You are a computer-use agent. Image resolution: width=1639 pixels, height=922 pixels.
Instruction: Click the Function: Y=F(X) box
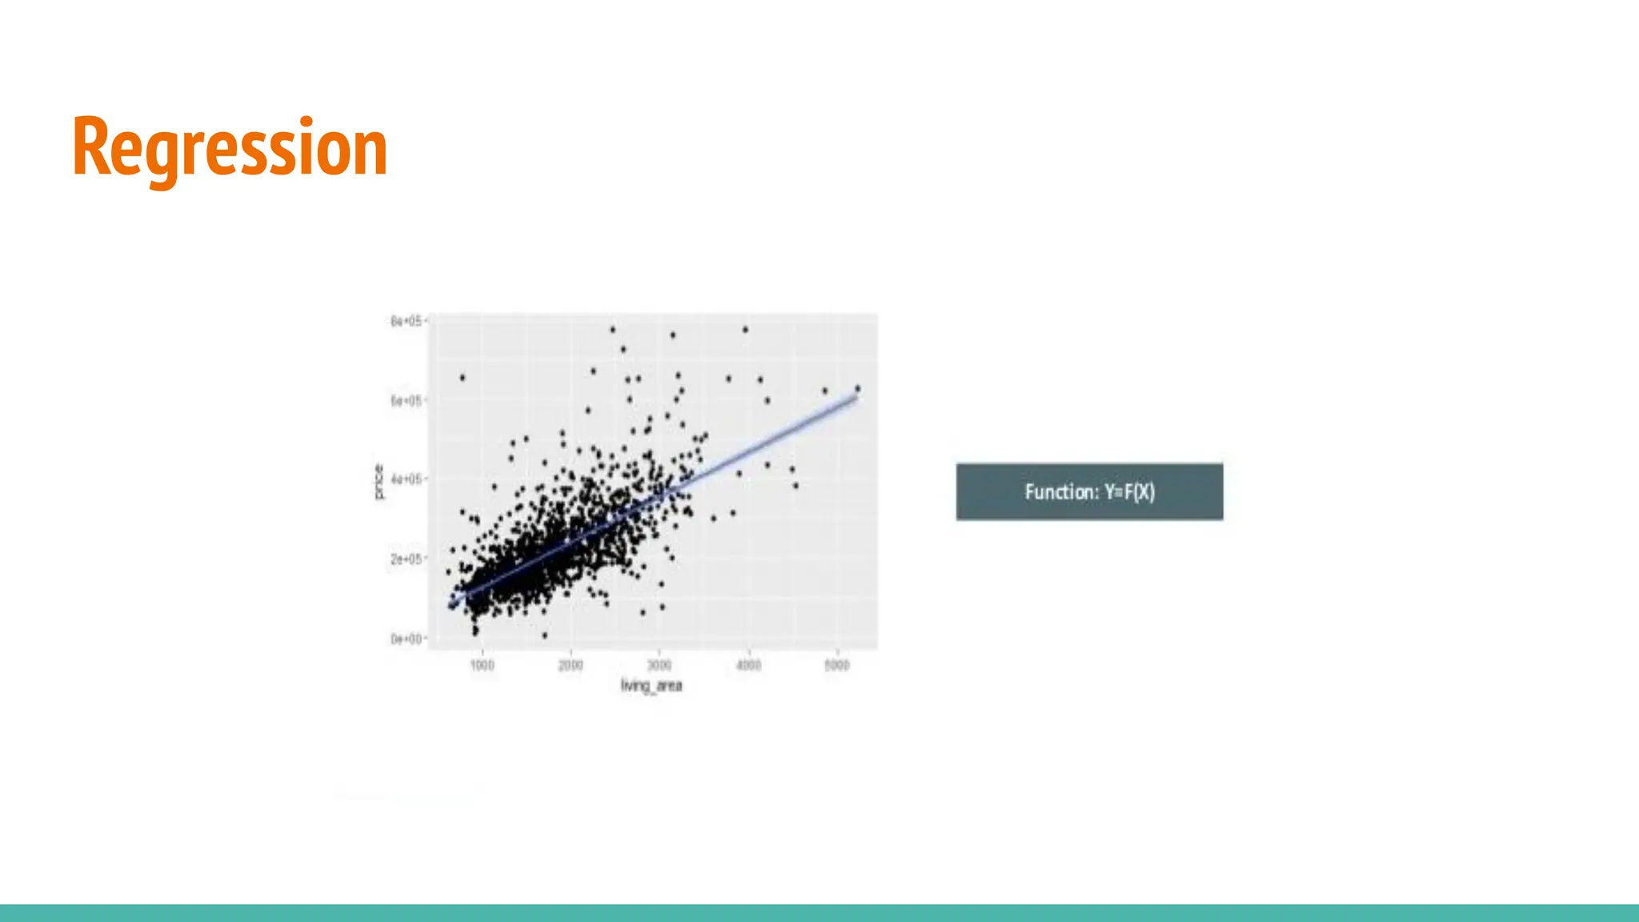[x=1089, y=491]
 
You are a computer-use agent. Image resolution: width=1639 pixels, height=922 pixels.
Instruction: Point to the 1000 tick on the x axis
[x=482, y=665]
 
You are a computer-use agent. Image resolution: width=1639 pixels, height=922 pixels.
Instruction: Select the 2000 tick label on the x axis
[x=571, y=665]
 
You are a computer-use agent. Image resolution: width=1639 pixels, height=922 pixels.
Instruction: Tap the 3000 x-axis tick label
[x=659, y=665]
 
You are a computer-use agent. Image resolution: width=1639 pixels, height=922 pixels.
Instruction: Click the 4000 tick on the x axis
[x=748, y=665]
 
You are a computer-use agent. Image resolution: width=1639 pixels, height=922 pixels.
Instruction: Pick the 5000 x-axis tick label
[x=837, y=665]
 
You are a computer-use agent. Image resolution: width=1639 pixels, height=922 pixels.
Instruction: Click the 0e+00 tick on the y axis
[x=406, y=639]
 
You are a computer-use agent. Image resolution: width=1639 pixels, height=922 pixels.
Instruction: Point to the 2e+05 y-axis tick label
[x=406, y=559]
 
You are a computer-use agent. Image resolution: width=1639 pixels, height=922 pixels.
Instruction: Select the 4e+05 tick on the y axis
[x=406, y=479]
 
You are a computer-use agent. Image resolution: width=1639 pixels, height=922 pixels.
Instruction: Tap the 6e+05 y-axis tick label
[x=406, y=400]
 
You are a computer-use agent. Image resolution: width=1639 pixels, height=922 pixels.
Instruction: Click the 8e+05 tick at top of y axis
[x=406, y=321]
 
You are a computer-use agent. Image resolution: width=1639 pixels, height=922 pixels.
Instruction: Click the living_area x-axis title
[x=651, y=686]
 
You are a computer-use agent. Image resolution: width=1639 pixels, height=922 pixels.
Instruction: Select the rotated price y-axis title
[x=379, y=482]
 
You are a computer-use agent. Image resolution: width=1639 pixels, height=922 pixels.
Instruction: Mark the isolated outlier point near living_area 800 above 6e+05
[x=463, y=377]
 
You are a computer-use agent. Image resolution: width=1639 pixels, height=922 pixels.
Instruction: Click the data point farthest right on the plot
[x=858, y=388]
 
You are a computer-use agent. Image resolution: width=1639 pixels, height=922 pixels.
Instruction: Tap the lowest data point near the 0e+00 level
[x=545, y=635]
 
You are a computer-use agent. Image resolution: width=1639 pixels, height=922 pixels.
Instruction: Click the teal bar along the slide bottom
[x=819, y=912]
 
